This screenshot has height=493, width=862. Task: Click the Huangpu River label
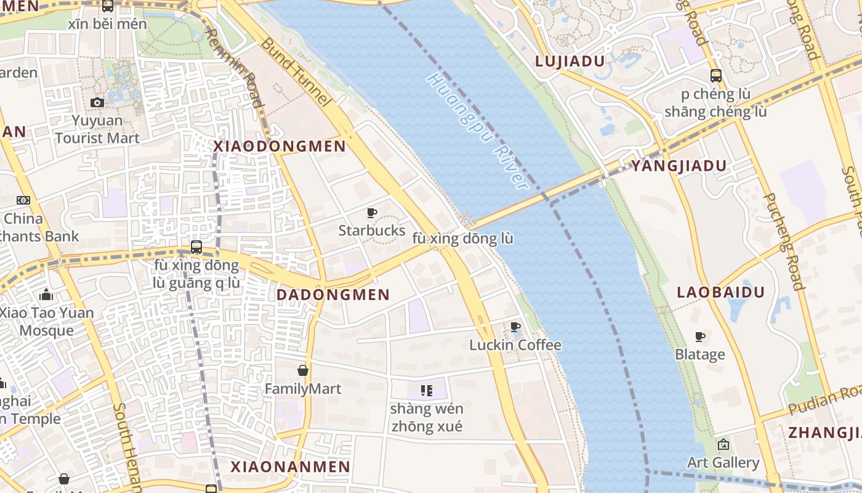pos(477,131)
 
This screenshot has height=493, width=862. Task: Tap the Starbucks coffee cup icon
pos(372,213)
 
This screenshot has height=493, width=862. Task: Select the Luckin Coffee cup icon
pos(515,327)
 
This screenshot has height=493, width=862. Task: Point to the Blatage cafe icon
pos(699,336)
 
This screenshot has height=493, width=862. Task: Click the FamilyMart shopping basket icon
pos(303,370)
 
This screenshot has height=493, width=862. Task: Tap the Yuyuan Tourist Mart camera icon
pos(97,102)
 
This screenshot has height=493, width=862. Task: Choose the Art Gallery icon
pos(723,444)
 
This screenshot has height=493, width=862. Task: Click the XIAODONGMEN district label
pos(280,147)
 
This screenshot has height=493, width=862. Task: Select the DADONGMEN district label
pos(333,295)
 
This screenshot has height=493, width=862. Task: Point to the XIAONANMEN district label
pos(291,467)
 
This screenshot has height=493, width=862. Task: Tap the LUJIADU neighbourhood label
pos(570,61)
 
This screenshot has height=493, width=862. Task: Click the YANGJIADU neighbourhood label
pos(679,166)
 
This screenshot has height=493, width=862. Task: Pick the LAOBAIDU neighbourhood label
pos(720,292)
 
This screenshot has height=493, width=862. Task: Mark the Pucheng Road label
pos(784,241)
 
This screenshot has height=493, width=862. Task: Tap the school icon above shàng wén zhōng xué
pos(426,390)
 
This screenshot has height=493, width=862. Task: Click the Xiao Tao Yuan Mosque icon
pos(46,295)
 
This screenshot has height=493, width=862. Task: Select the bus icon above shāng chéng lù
pos(715,76)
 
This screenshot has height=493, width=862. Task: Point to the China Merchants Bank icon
pos(23,200)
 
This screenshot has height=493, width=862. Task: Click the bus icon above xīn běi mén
pos(108,6)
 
